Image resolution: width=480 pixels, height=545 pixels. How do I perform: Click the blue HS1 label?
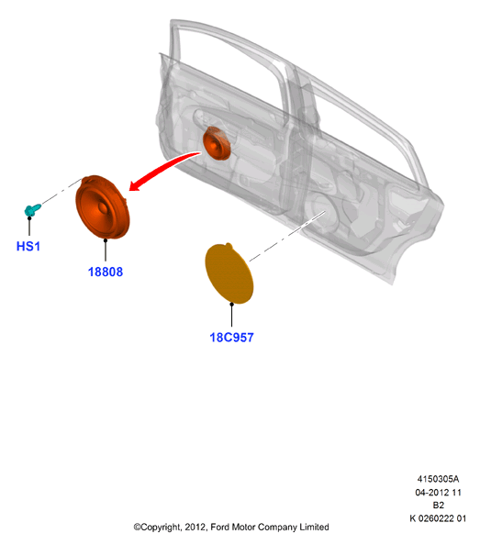point(28,246)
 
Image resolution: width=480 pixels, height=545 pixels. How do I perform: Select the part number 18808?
point(106,272)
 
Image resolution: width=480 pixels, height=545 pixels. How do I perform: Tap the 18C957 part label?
point(231,338)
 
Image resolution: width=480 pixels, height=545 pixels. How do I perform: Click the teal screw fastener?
point(33,209)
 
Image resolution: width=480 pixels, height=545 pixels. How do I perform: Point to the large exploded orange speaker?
point(103,207)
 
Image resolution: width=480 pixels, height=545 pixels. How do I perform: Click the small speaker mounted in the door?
point(217,143)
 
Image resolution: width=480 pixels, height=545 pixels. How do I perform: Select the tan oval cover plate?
point(229,273)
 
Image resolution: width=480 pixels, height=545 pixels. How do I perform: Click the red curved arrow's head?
point(136,185)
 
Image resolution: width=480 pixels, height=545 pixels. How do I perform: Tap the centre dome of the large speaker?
point(103,207)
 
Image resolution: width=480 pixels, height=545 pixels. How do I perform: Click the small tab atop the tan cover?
point(229,246)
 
